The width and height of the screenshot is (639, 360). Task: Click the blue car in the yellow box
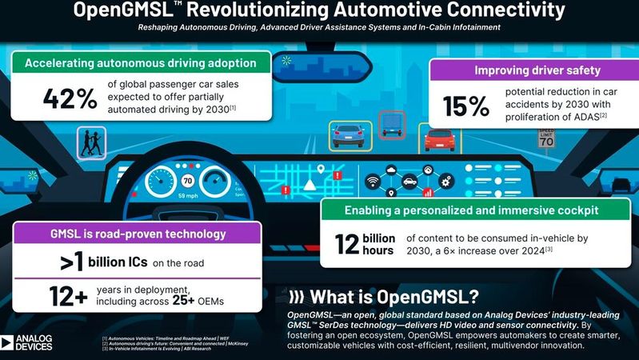[346, 135]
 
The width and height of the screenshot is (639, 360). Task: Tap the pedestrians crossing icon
[89, 144]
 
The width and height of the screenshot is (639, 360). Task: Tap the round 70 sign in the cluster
[186, 180]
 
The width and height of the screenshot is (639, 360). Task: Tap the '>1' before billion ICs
[75, 262]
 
